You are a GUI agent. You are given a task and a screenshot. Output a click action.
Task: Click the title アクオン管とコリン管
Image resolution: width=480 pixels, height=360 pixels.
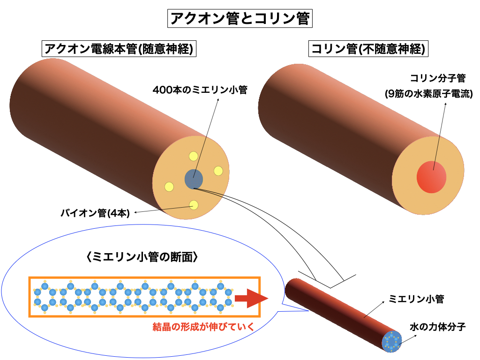click(240, 19)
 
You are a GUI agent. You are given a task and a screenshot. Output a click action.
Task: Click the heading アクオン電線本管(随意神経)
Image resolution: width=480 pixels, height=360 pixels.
click(119, 49)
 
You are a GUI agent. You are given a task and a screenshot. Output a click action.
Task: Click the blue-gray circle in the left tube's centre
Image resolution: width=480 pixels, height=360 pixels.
click(194, 179)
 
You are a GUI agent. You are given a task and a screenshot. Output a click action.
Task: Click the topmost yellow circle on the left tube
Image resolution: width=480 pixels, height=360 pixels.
click(193, 157)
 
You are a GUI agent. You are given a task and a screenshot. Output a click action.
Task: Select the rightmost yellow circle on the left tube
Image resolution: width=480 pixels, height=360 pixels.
click(218, 171)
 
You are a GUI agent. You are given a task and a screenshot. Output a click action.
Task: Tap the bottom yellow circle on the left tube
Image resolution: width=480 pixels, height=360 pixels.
click(193, 204)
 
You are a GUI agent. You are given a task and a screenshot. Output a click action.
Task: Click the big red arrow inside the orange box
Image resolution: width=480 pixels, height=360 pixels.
click(250, 298)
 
